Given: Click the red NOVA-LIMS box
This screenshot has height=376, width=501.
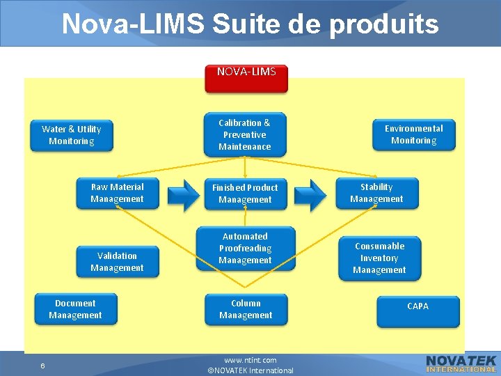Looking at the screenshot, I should [x=246, y=77].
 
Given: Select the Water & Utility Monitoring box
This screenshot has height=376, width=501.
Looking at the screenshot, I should [x=71, y=135].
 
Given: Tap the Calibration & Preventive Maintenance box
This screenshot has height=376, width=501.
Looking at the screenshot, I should [x=245, y=134].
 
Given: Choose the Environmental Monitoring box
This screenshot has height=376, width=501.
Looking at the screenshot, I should [x=413, y=134].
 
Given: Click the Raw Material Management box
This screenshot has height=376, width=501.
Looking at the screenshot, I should [x=118, y=193].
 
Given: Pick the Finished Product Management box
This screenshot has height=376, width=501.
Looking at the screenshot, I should [x=245, y=194].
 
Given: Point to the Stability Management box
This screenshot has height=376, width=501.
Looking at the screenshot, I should [x=376, y=193].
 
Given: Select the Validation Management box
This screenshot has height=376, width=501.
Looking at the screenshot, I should [x=117, y=262].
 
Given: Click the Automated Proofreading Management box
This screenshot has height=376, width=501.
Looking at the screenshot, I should [x=245, y=249].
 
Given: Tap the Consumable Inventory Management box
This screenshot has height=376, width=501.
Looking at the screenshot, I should [x=379, y=258].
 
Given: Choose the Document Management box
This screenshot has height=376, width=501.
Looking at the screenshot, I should [x=75, y=309].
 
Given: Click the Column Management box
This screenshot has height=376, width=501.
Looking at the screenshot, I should [x=245, y=309].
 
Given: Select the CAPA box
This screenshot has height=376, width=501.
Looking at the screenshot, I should [x=417, y=311].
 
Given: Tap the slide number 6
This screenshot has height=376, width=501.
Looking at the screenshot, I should [x=42, y=366].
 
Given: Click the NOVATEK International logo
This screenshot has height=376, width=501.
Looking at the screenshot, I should [x=461, y=363].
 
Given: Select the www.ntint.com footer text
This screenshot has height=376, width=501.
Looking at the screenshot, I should [x=250, y=360].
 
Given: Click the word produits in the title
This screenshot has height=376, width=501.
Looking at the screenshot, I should [x=384, y=24].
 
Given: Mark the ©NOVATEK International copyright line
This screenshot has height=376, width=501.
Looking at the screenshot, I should [x=250, y=370].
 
